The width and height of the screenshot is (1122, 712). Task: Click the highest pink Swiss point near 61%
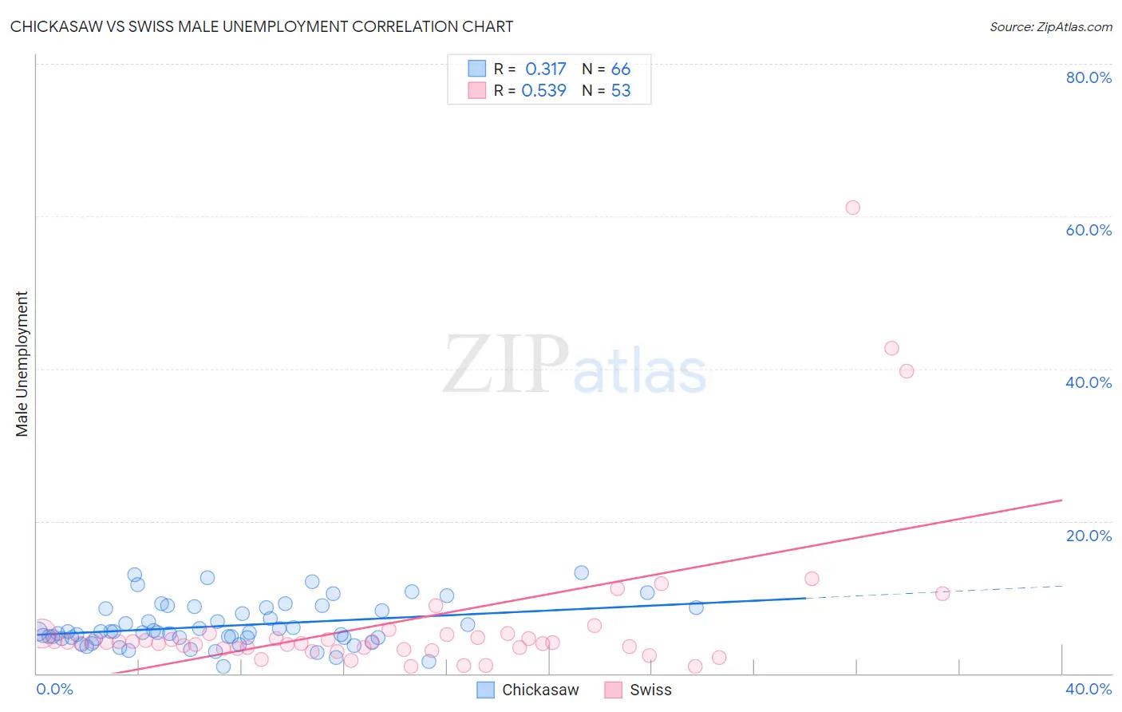pos(852,208)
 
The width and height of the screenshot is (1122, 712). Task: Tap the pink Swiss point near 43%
pos(891,348)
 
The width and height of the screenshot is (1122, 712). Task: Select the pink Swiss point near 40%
pos(906,371)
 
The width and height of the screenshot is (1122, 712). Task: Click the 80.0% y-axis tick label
pos(1088,77)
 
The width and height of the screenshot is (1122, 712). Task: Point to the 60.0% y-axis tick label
pos(1088,230)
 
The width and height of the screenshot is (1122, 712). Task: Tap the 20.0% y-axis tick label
pos(1088,536)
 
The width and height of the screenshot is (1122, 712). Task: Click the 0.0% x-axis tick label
pos(54,690)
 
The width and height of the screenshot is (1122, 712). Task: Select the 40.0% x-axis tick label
pos(1088,690)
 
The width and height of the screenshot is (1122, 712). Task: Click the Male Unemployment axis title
pos(22,364)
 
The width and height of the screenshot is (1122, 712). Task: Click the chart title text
pos(262,27)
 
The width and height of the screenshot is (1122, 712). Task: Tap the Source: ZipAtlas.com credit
pos(1050,27)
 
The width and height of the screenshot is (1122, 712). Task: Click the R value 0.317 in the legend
pos(545,69)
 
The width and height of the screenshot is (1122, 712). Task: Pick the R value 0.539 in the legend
pos(543,91)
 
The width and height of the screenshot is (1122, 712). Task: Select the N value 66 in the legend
pos(620,69)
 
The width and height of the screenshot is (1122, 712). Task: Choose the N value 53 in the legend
pos(620,91)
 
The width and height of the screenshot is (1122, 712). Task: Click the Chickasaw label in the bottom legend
pos(540,690)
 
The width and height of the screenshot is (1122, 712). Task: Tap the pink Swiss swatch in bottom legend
pos(613,690)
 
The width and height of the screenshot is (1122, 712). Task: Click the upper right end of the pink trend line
pos(1061,500)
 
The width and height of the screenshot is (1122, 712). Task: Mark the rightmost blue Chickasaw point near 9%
pos(696,607)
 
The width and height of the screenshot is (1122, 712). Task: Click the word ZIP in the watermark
pos(505,365)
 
